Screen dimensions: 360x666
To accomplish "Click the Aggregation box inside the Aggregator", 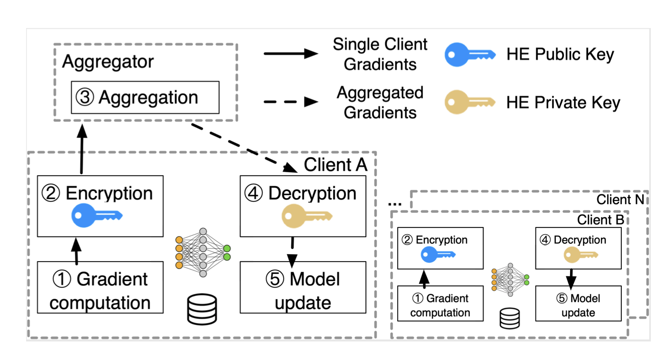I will tap(145, 97).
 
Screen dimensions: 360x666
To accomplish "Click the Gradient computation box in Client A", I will tap(100, 287).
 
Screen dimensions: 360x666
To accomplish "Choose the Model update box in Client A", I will tap(303, 287).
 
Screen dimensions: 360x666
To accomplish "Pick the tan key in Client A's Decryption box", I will tap(303, 216).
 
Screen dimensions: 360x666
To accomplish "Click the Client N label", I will tap(620, 199).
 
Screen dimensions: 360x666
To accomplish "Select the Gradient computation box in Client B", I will tap(440, 303).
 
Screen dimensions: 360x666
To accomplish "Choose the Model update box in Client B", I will tap(578, 303).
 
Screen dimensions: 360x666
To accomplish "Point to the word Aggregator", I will tap(108, 61).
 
